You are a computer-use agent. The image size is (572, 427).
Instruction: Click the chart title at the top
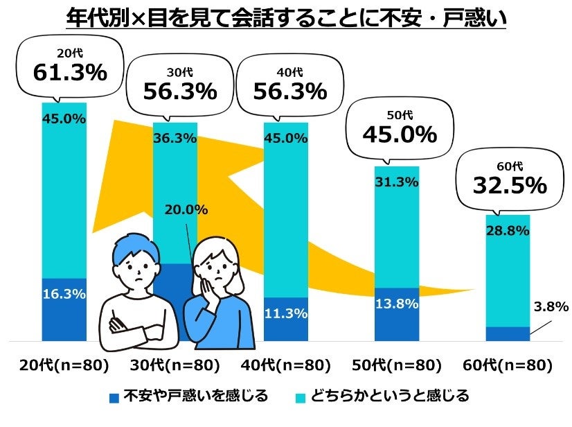[286, 17]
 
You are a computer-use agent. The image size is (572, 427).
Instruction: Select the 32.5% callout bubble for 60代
[510, 178]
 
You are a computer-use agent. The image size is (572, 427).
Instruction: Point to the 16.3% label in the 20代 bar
[64, 294]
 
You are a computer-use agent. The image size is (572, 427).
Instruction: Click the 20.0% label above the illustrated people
[186, 211]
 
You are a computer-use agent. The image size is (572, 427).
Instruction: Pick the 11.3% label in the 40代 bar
[285, 313]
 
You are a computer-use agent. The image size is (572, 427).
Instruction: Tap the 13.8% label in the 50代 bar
[396, 303]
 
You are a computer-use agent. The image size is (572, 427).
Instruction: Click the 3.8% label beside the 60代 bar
[551, 306]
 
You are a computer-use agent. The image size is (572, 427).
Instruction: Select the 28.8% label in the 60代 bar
[507, 231]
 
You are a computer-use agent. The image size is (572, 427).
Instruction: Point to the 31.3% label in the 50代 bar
[396, 182]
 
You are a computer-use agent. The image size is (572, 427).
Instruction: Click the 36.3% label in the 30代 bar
[175, 138]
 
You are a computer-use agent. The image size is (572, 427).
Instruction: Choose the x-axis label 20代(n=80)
[64, 365]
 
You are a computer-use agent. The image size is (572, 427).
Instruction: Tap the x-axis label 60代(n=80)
[507, 365]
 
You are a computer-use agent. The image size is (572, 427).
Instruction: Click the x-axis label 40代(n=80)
[285, 365]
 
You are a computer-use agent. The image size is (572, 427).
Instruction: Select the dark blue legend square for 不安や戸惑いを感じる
[114, 397]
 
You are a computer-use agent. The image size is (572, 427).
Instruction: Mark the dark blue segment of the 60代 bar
[507, 334]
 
